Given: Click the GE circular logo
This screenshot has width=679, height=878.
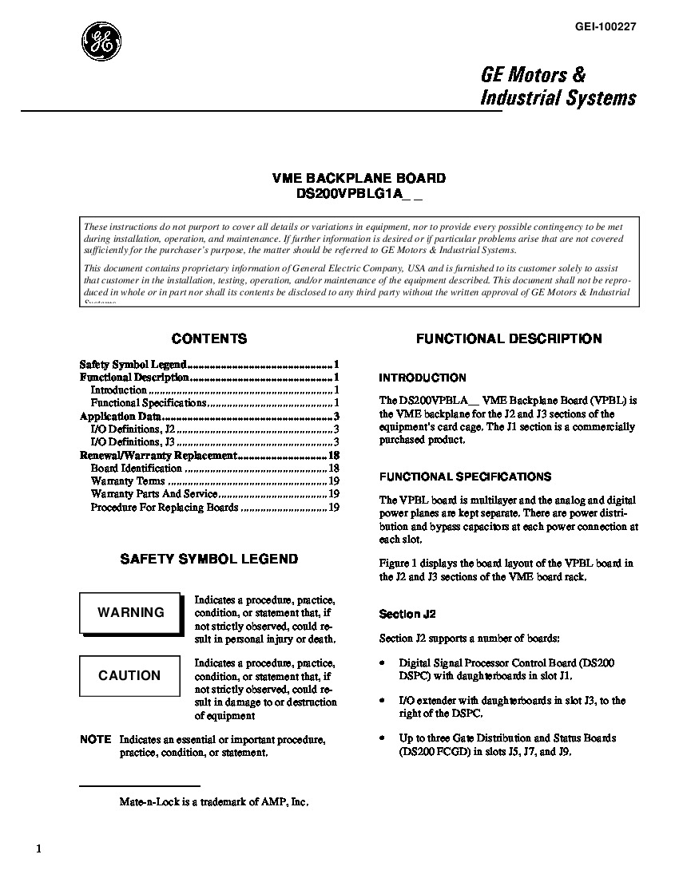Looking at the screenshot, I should pyautogui.click(x=101, y=41).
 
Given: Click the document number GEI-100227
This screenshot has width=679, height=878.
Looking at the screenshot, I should pyautogui.click(x=604, y=26).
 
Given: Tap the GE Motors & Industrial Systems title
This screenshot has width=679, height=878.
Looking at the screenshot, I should pyautogui.click(x=558, y=86).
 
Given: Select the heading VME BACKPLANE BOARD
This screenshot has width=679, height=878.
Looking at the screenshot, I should pyautogui.click(x=359, y=178).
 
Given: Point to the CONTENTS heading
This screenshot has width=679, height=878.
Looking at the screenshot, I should pyautogui.click(x=209, y=338).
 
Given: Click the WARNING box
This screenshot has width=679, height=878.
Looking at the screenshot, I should pyautogui.click(x=130, y=613).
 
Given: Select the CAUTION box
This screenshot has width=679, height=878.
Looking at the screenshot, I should pyautogui.click(x=130, y=675).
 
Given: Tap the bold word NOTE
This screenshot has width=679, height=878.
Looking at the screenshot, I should pyautogui.click(x=95, y=740).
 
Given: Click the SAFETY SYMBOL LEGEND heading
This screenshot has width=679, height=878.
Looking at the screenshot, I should pyautogui.click(x=209, y=560).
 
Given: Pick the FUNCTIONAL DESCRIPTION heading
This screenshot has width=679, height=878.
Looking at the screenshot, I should pyautogui.click(x=509, y=338).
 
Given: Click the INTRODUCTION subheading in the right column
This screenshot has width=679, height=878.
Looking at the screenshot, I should pyautogui.click(x=423, y=378).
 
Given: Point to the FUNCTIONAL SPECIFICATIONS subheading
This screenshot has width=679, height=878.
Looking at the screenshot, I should pyautogui.click(x=465, y=477).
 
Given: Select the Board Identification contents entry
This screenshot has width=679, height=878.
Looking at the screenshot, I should pyautogui.click(x=137, y=469).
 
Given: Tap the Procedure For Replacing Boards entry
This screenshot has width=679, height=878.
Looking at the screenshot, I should pyautogui.click(x=165, y=507).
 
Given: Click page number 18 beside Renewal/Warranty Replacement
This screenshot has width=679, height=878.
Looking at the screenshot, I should pyautogui.click(x=335, y=456).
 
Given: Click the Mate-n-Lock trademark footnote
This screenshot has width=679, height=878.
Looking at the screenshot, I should pyautogui.click(x=214, y=801).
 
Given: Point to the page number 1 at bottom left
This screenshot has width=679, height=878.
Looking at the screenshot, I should pyautogui.click(x=38, y=848).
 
